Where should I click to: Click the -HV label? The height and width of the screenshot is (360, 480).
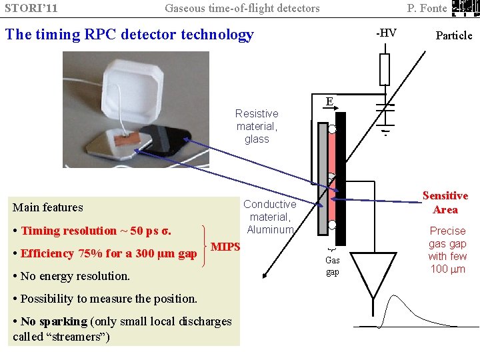(386, 33)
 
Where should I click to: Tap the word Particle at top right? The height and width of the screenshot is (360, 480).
(453, 35)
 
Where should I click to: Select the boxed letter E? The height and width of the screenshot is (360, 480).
(329, 102)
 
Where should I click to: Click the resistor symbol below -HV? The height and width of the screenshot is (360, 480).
(384, 69)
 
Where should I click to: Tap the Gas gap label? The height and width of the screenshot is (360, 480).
(332, 266)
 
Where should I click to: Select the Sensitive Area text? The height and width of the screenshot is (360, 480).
(445, 203)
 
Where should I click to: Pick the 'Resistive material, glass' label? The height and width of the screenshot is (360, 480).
(257, 127)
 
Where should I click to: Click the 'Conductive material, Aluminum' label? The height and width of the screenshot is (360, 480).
(270, 217)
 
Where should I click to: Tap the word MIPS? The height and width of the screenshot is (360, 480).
(225, 247)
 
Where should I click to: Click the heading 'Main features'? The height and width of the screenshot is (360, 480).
(48, 207)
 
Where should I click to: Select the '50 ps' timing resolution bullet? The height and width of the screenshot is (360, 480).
(96, 231)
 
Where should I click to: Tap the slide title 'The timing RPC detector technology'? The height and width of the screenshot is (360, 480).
(129, 35)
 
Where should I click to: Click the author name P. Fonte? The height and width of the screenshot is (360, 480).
(427, 9)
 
